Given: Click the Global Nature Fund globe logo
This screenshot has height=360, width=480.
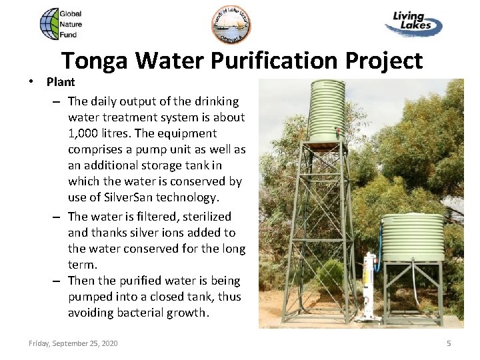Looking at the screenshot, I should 49,24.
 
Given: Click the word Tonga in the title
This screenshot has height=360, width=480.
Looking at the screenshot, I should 95,61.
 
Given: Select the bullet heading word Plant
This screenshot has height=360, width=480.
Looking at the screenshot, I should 61,82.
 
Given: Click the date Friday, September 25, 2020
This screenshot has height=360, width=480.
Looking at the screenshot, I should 73,343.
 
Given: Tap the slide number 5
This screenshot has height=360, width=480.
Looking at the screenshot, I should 449,343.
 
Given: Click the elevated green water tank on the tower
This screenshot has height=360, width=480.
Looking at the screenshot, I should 326,111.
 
